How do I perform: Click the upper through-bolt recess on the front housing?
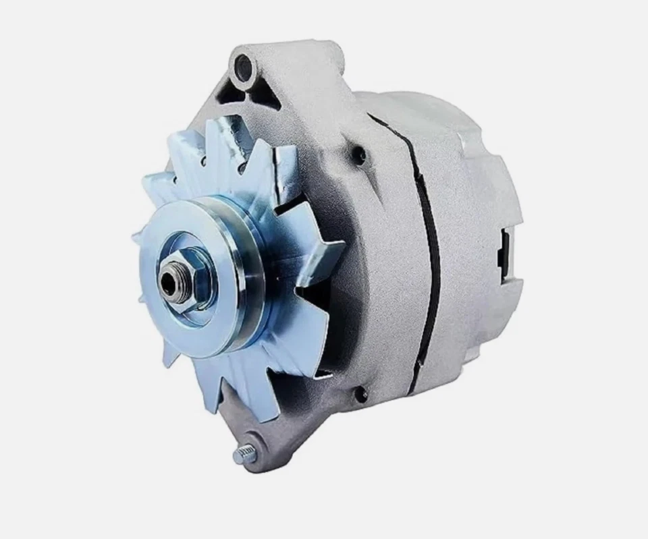(x=360, y=157)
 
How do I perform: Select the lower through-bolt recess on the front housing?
(x=361, y=393)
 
